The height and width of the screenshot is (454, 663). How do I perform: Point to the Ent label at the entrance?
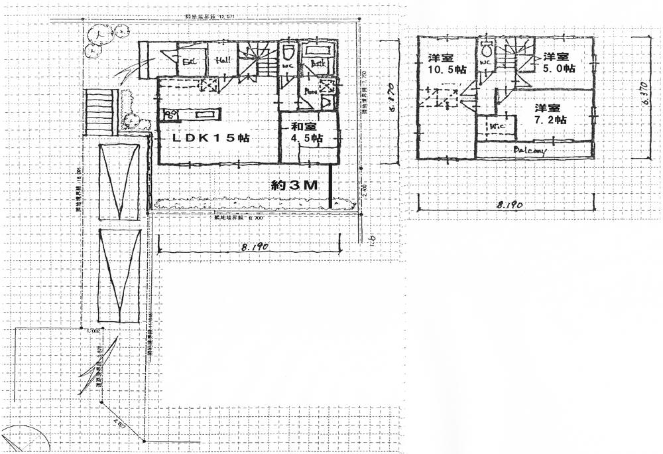pos(190,62)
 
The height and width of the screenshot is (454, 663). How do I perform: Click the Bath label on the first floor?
pos(317,64)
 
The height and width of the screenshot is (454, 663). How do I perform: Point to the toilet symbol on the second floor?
pos(485,49)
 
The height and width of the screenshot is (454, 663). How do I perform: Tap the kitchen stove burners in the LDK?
pos(171,115)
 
